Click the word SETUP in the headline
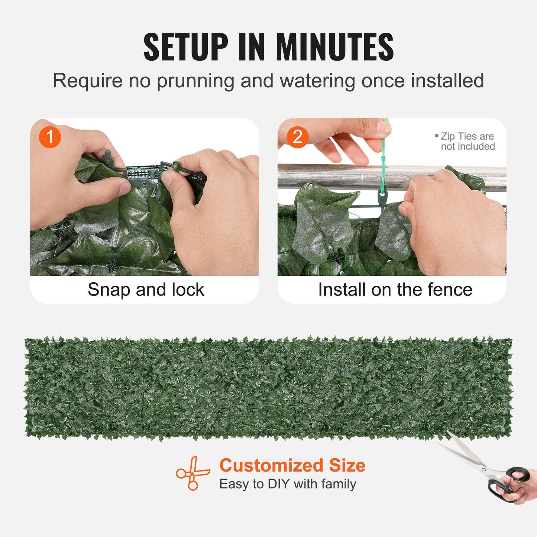[x=185, y=47]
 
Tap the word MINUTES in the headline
[x=334, y=47]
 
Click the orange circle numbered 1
[x=50, y=137]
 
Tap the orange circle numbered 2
[x=297, y=137]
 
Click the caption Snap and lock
[x=146, y=290]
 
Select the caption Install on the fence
[x=395, y=290]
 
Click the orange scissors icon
[x=192, y=473]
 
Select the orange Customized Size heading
[x=292, y=465]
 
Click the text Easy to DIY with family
[x=287, y=484]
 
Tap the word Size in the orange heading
[x=347, y=465]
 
